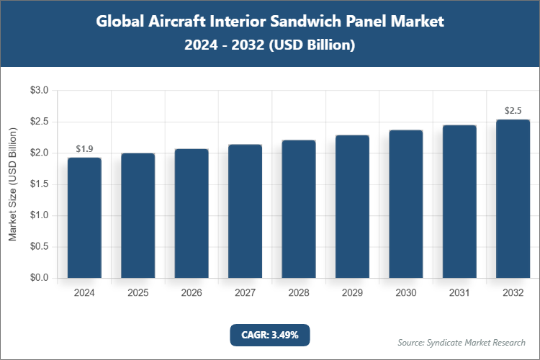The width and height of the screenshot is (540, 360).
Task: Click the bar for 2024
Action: coord(84,217)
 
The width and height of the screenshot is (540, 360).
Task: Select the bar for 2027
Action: coord(245,211)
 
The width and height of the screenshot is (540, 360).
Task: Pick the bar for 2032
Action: coord(513,199)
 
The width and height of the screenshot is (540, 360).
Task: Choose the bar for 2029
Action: coord(352,207)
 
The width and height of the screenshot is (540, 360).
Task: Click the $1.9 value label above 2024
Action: coord(84,149)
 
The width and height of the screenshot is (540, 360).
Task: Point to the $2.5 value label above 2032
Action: coord(513,111)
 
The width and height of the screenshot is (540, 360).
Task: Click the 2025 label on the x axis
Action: coord(138,293)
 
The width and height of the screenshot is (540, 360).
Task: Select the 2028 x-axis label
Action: coord(298,293)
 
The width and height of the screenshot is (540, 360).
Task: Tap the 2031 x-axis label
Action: coord(459,293)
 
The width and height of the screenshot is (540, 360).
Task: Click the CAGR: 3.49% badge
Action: coord(269,335)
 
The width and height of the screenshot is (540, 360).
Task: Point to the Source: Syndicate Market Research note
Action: coord(462,342)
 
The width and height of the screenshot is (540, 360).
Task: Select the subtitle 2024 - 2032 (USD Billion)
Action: coord(270,45)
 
